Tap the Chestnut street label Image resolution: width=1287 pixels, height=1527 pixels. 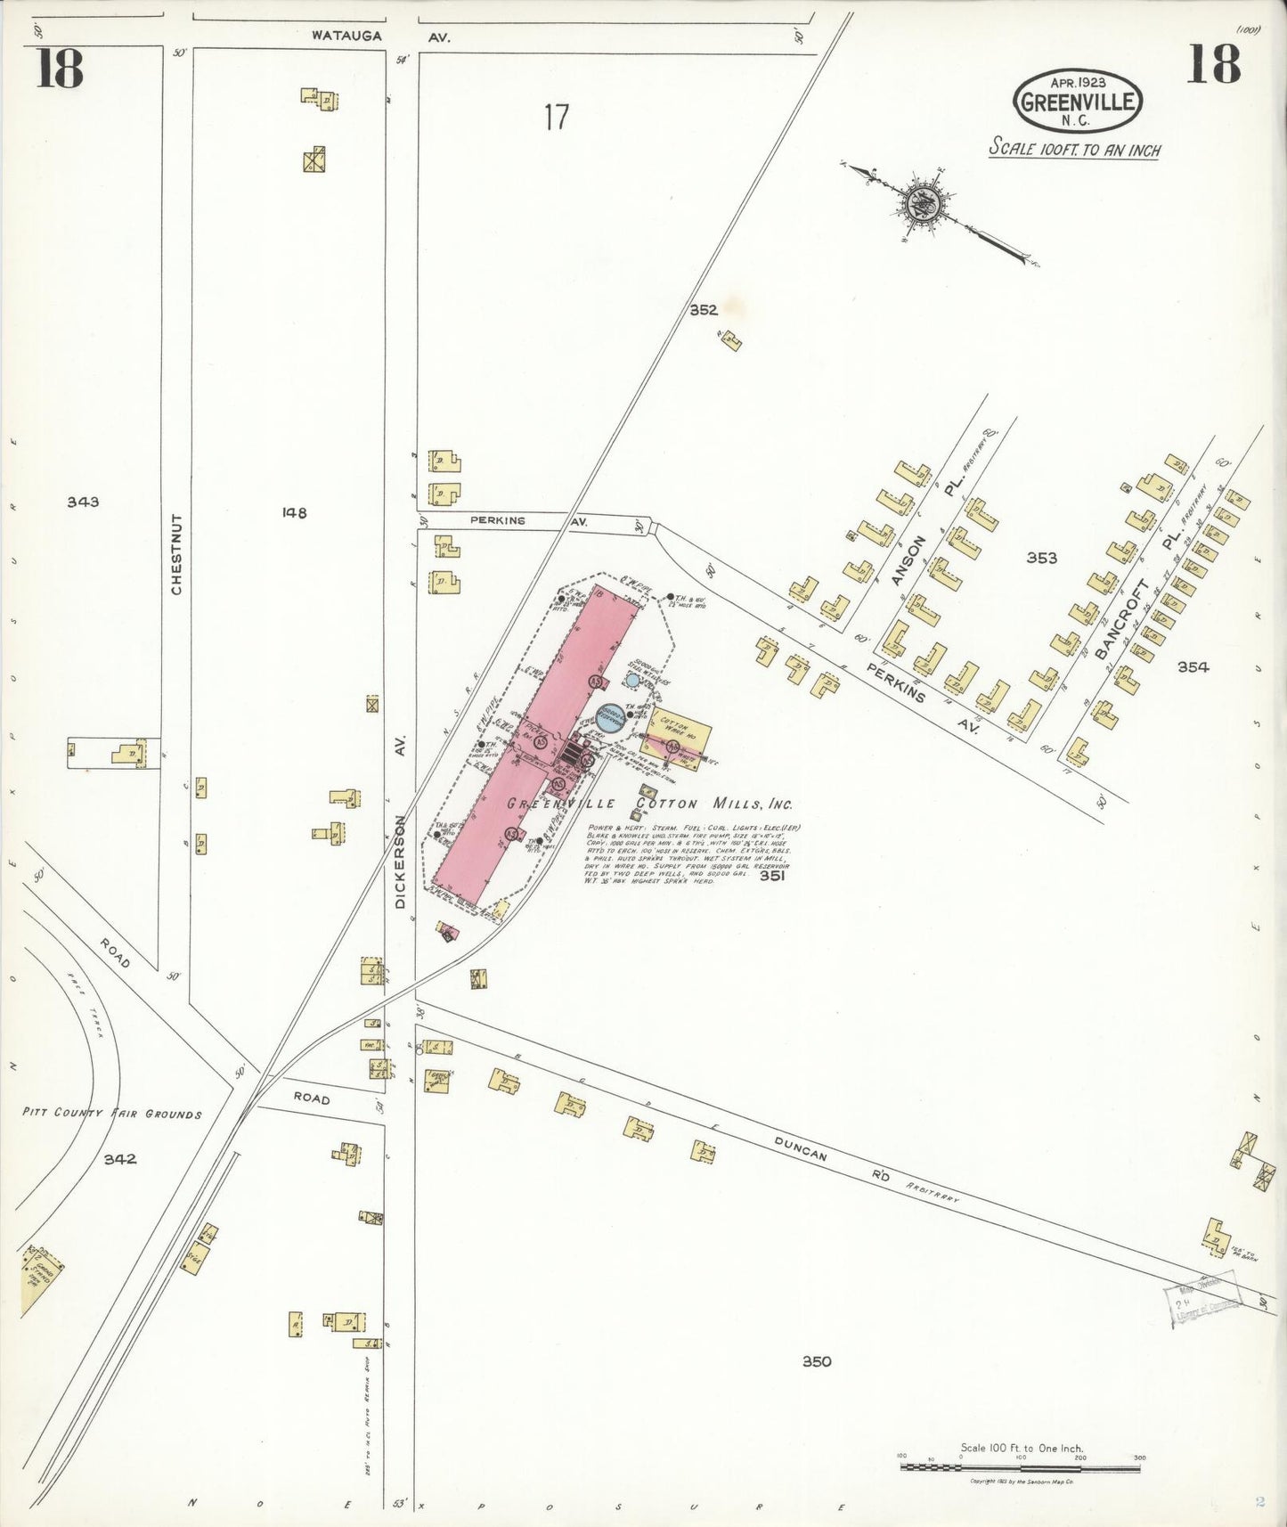tap(176, 553)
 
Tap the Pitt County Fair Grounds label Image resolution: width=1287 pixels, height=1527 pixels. tap(112, 1114)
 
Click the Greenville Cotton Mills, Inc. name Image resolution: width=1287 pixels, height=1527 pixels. tap(649, 804)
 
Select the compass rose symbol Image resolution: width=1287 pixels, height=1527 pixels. tap(919, 203)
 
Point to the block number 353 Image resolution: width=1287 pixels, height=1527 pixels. tap(1041, 558)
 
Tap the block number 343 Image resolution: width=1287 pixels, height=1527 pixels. tap(83, 502)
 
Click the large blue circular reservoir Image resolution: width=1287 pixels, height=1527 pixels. tap(610, 717)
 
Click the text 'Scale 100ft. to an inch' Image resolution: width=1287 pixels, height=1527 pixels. tap(1074, 150)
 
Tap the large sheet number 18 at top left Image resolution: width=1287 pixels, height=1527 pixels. tap(60, 69)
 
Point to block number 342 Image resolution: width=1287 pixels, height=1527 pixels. tap(119, 1159)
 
